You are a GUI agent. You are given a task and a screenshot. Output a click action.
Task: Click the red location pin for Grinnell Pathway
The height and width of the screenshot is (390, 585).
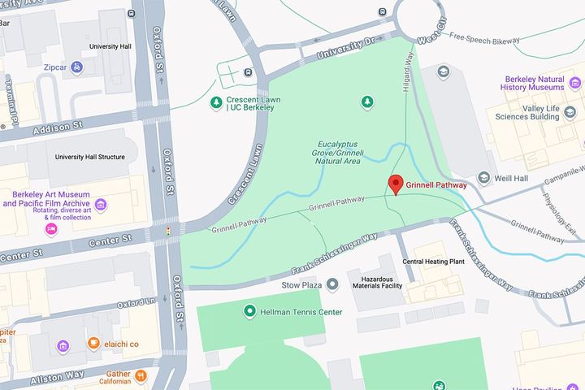coord(396,184)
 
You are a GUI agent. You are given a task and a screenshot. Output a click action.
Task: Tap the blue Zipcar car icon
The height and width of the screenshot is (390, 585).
coord(76,67)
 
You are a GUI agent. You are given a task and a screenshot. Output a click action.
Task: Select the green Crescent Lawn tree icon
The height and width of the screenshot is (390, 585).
coord(216,102)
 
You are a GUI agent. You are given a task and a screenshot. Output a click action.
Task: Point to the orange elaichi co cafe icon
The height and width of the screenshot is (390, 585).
coord(93,344)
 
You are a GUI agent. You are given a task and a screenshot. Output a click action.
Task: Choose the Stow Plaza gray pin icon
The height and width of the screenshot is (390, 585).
coord(332,284)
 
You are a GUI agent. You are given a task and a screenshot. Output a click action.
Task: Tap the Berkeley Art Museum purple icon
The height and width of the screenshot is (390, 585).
coord(100,203)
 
